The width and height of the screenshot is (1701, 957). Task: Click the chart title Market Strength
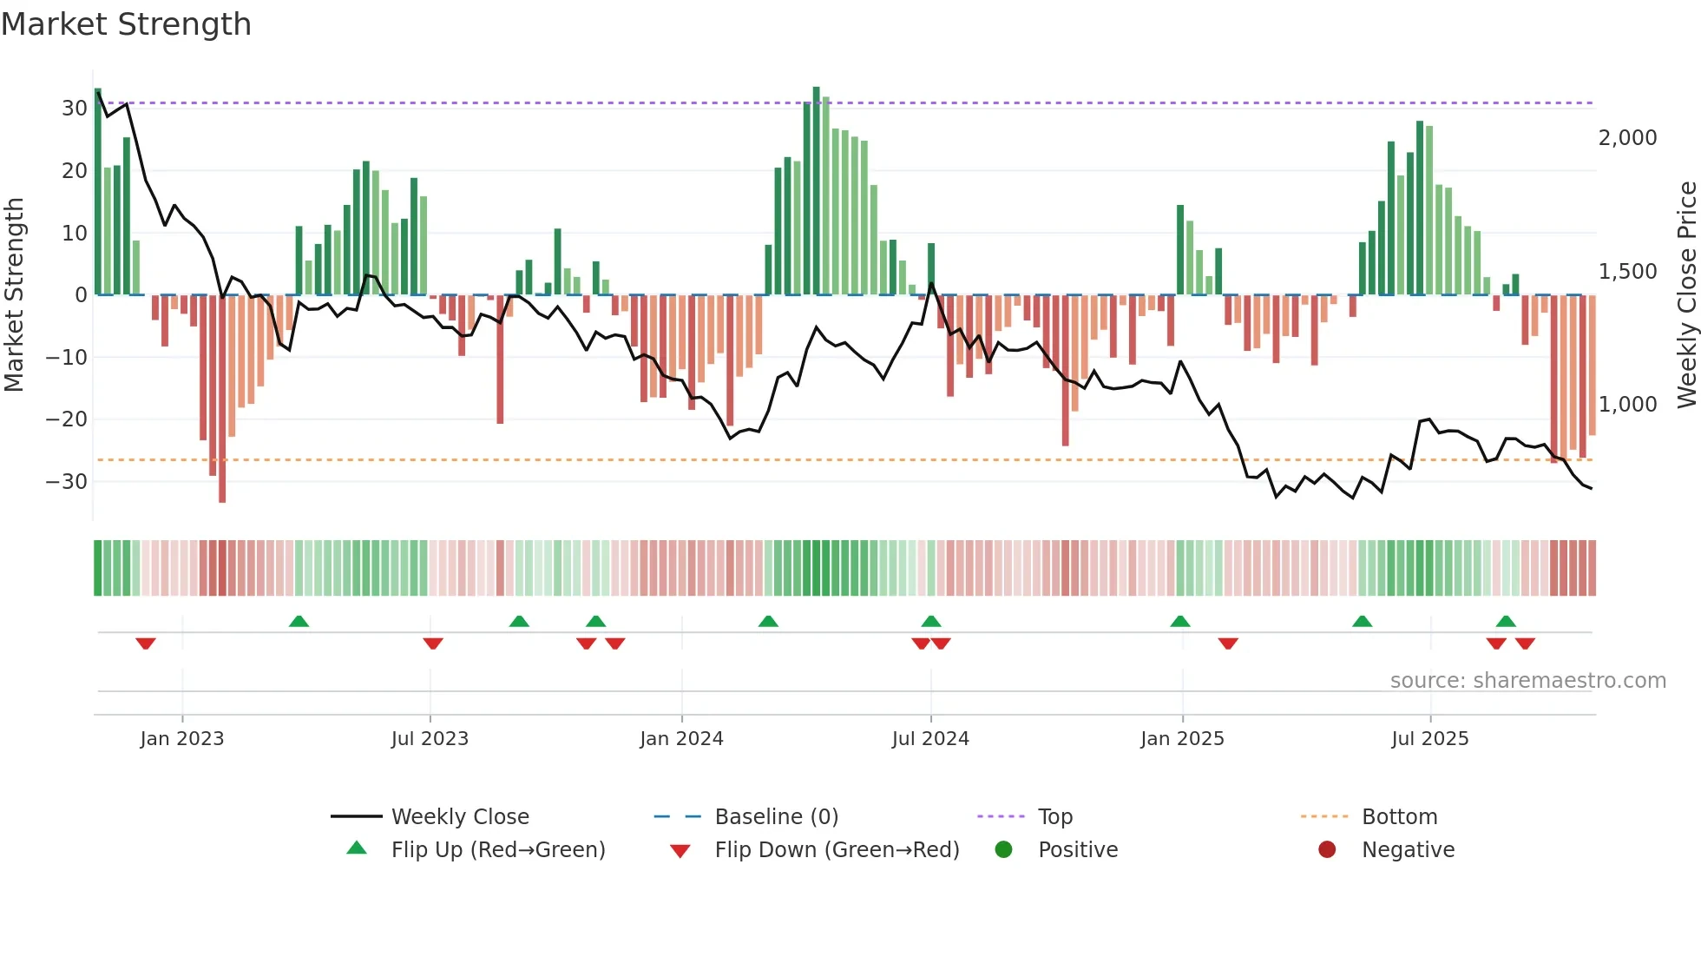pyautogui.click(x=127, y=24)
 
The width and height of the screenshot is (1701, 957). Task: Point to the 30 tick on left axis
pyautogui.click(x=75, y=109)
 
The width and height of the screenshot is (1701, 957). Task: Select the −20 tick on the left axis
pyautogui.click(x=68, y=419)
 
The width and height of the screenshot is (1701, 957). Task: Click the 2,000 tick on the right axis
pyautogui.click(x=1627, y=138)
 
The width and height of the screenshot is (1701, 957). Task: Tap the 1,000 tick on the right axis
pyautogui.click(x=1627, y=405)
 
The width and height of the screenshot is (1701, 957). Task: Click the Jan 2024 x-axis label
pyautogui.click(x=681, y=739)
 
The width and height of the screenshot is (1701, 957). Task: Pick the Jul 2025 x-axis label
pyautogui.click(x=1429, y=739)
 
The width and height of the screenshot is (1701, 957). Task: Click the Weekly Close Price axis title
pyautogui.click(x=1686, y=295)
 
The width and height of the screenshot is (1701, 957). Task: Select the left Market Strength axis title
pyautogui.click(x=14, y=295)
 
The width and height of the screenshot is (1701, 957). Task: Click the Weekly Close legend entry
pyautogui.click(x=459, y=817)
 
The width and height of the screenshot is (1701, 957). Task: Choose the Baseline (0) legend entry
pyautogui.click(x=776, y=817)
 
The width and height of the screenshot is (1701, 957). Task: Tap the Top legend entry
pyautogui.click(x=1054, y=817)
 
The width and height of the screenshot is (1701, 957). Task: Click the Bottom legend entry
pyautogui.click(x=1399, y=817)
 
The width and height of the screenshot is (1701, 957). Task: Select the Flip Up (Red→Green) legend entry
pyautogui.click(x=497, y=850)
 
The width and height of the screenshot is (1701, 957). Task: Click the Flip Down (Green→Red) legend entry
pyautogui.click(x=837, y=850)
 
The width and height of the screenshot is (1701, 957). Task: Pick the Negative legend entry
pyautogui.click(x=1407, y=850)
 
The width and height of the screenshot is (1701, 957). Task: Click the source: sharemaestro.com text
pyautogui.click(x=1527, y=681)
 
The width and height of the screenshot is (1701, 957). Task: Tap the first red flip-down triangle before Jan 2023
pyautogui.click(x=146, y=643)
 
